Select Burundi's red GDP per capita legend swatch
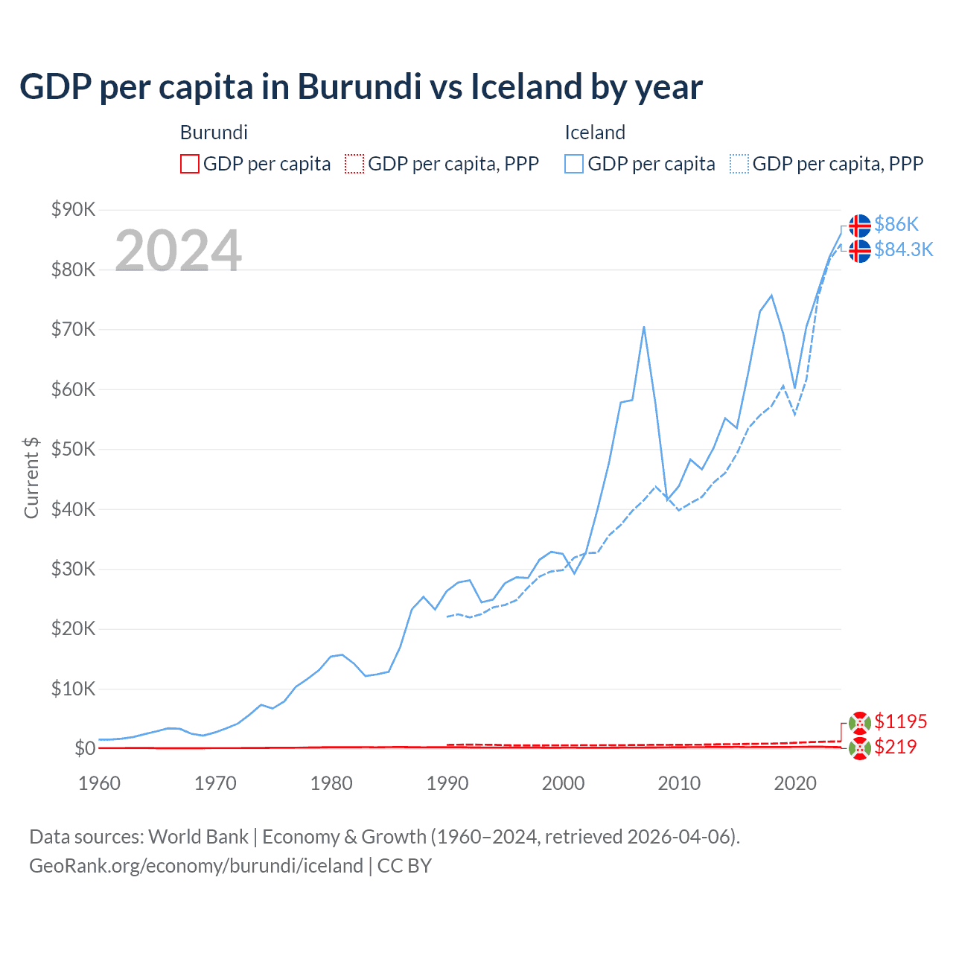[190, 164]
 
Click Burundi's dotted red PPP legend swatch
[354, 164]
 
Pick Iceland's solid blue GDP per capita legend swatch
[574, 164]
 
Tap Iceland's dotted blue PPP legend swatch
[739, 164]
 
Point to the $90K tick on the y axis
[73, 210]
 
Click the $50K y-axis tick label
[73, 450]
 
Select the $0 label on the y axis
[85, 748]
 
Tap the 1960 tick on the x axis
[99, 783]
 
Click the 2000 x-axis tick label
[563, 783]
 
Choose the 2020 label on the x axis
[795, 783]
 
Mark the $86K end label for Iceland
[896, 224]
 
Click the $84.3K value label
[903, 249]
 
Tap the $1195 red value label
[900, 721]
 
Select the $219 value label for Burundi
[895, 747]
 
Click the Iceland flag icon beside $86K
[860, 225]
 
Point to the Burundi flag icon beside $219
[860, 748]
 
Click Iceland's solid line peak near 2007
[643, 327]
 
